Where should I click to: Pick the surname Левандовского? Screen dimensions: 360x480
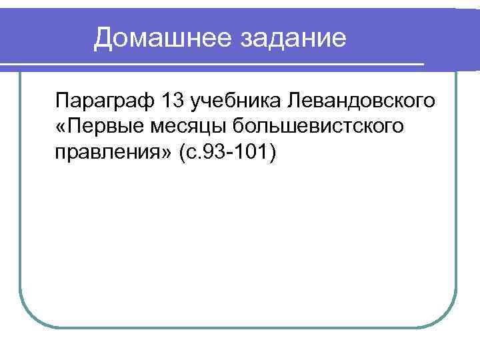point(359,101)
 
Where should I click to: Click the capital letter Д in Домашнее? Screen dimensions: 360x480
point(103,39)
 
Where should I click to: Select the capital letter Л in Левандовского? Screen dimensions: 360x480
point(292,101)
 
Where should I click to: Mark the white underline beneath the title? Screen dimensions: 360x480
point(213,64)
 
